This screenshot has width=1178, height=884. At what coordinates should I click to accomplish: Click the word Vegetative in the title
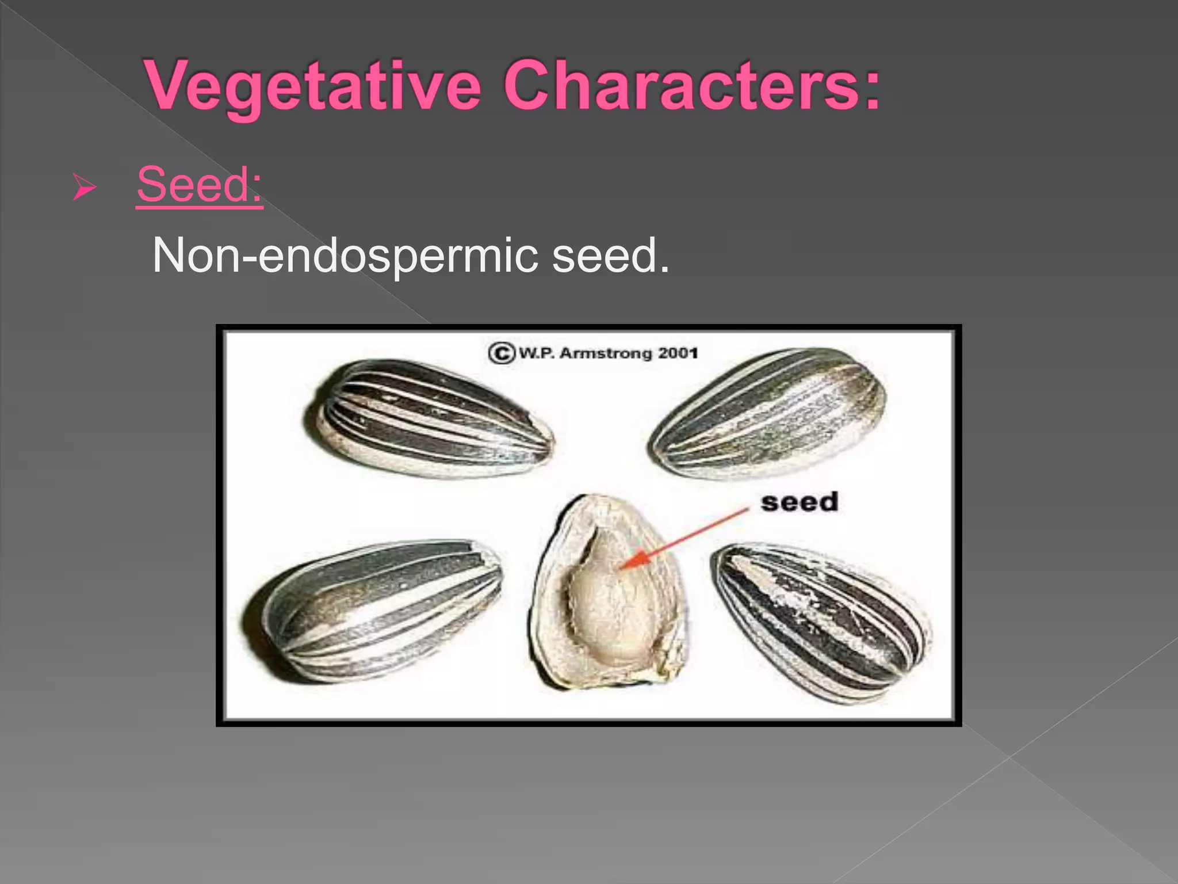(x=313, y=86)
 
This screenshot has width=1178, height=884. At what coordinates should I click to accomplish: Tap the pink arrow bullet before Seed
(x=84, y=188)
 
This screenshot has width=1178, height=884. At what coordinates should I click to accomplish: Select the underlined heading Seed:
(x=200, y=185)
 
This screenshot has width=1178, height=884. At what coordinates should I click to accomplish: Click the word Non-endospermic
(x=345, y=256)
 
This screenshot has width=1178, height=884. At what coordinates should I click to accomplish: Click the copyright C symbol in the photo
(x=501, y=353)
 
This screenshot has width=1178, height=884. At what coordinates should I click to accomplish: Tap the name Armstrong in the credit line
(x=606, y=353)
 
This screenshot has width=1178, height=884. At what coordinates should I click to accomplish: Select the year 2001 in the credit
(x=678, y=353)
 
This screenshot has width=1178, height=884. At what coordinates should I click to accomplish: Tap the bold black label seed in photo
(x=799, y=502)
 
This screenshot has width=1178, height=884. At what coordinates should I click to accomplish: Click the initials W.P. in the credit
(x=537, y=353)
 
